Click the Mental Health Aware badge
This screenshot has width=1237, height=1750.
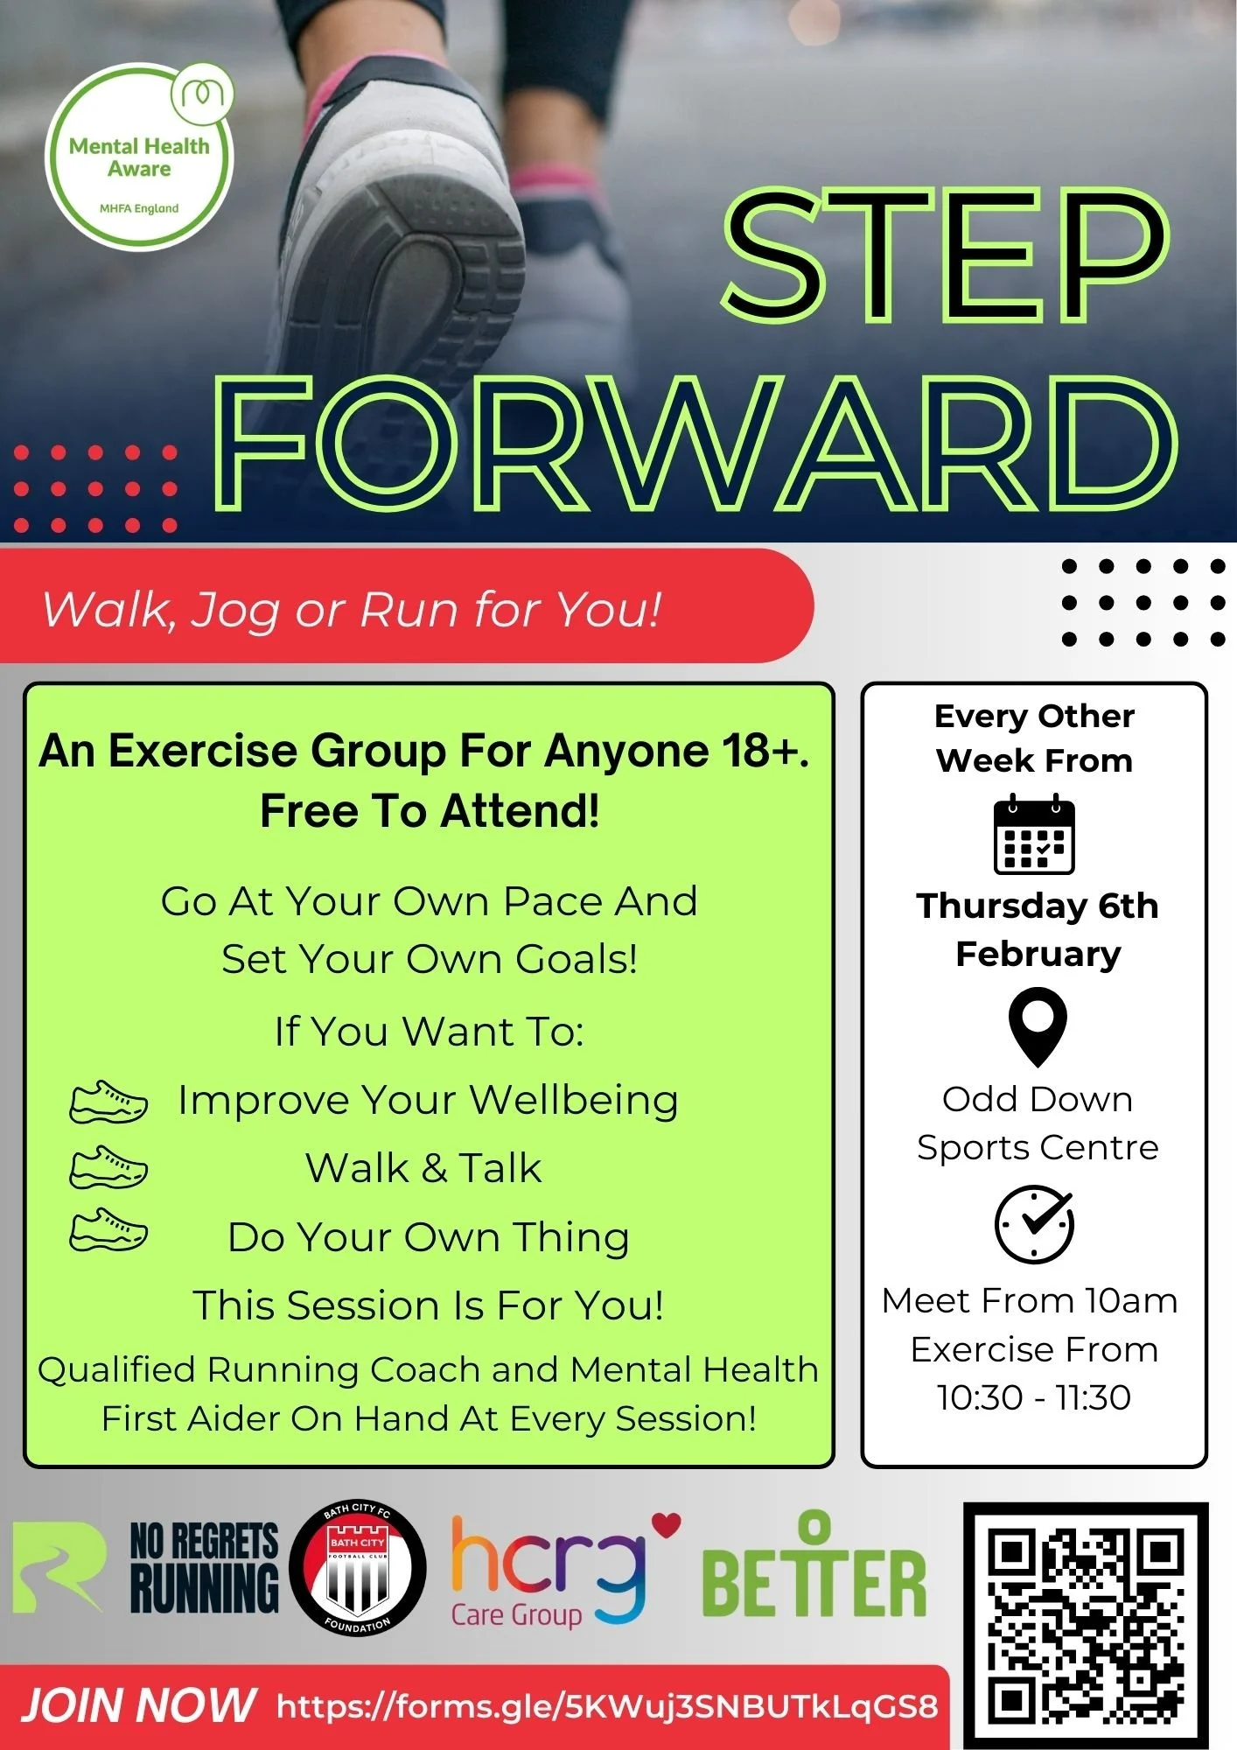coord(139,157)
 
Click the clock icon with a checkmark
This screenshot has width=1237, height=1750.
coord(1034,1223)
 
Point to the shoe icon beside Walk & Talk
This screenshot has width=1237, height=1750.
coord(108,1167)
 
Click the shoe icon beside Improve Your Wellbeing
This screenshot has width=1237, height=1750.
coord(108,1102)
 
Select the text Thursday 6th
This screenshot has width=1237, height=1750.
coord(1037,906)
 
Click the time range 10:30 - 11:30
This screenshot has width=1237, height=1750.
coord(1034,1397)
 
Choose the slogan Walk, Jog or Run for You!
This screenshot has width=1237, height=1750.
coord(352,609)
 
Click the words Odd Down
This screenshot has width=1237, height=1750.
coord(1037,1099)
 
